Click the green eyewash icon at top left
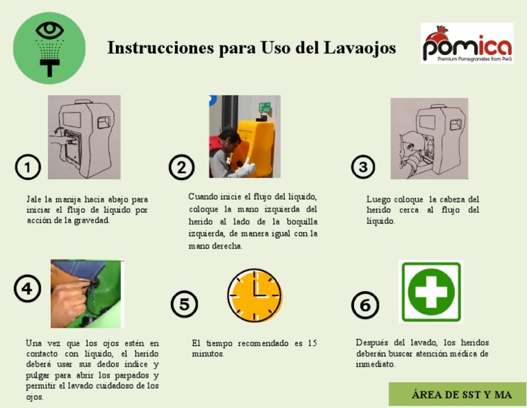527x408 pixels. click(x=49, y=47)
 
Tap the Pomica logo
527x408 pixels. click(x=467, y=44)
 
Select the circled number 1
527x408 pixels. click(x=27, y=167)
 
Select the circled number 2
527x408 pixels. click(x=181, y=167)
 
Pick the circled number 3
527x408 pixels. click(x=363, y=167)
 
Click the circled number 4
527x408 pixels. click(x=27, y=288)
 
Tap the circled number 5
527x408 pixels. click(x=184, y=304)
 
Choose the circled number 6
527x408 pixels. click(x=365, y=305)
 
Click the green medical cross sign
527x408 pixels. click(x=431, y=291)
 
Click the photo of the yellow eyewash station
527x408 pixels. click(x=244, y=137)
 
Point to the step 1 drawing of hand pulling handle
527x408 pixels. click(x=84, y=137)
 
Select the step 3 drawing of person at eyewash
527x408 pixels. click(x=429, y=138)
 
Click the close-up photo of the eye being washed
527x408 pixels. click(x=86, y=293)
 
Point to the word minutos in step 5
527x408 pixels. click(x=207, y=354)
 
